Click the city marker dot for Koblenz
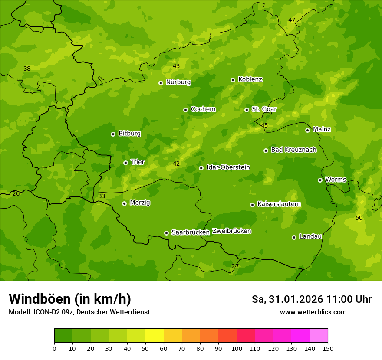coord(233,80)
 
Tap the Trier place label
coord(138,162)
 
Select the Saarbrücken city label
coord(191,232)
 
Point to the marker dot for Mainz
coord(307,130)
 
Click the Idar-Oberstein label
coord(228,167)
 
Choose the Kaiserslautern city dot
coord(252,205)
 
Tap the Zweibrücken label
coord(231,231)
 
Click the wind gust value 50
coord(359,218)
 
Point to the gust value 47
coord(292,20)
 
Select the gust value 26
coord(16,193)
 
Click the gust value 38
coord(27,69)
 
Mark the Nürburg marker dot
coord(161,83)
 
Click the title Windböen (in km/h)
coord(70,299)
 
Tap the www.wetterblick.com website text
coord(313,312)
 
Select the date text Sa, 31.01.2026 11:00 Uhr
coord(311,299)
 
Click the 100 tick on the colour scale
coord(237,348)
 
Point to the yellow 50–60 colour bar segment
coord(155,336)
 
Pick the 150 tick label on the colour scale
coord(328,348)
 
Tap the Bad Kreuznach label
coord(293,150)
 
